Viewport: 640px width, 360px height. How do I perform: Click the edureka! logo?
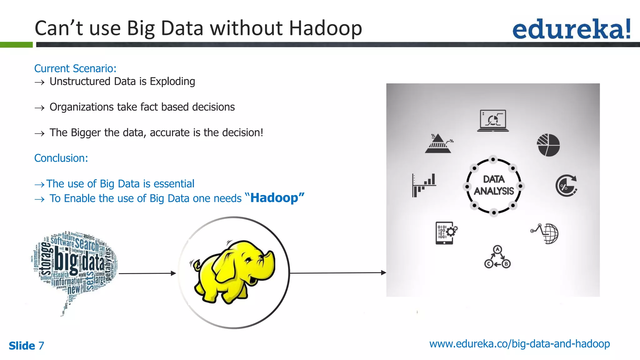pos(571,29)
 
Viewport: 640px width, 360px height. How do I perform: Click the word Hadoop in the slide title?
pos(325,28)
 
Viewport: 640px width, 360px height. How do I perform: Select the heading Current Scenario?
pos(75,68)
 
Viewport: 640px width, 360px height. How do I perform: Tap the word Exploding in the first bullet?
pos(172,82)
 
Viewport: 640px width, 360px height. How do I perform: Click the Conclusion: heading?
pos(61,158)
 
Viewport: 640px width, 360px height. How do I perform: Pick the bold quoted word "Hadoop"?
pos(274,198)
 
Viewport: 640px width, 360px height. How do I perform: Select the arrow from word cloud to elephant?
pos(147,273)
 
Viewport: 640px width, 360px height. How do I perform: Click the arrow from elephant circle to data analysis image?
pos(337,273)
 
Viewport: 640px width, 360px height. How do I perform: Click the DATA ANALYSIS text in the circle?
pos(494,185)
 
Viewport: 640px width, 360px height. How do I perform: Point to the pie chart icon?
pos(548,145)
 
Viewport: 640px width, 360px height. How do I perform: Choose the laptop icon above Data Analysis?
pos(493,121)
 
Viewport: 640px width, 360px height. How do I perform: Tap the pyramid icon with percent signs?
pos(438,144)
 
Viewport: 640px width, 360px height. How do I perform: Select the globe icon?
pos(550,233)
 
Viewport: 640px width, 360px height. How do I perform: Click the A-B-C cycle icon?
pos(497,257)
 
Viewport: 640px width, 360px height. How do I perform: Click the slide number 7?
pos(41,346)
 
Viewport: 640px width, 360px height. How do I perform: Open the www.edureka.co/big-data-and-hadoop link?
pos(519,344)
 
